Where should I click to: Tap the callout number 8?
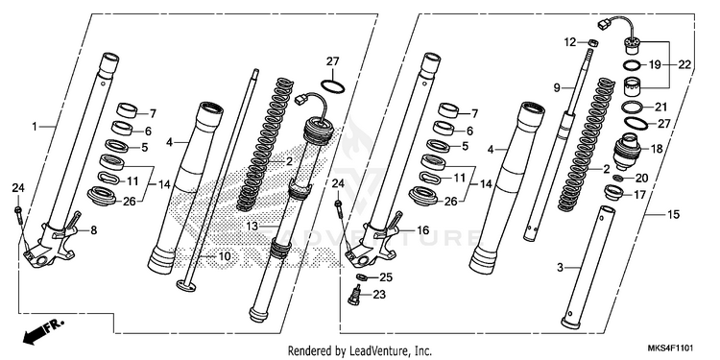94,230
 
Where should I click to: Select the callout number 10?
224,256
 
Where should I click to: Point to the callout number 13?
252,227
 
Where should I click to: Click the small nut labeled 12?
593,43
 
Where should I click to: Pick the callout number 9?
557,87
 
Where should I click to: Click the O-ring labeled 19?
635,64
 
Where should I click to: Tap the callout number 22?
684,64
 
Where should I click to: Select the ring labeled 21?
635,108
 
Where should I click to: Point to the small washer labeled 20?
618,178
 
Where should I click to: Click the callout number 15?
673,214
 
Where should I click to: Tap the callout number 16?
423,229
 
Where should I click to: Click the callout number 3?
560,268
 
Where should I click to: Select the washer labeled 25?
361,276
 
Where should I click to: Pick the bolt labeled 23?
354,295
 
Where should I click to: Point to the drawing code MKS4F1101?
671,348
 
